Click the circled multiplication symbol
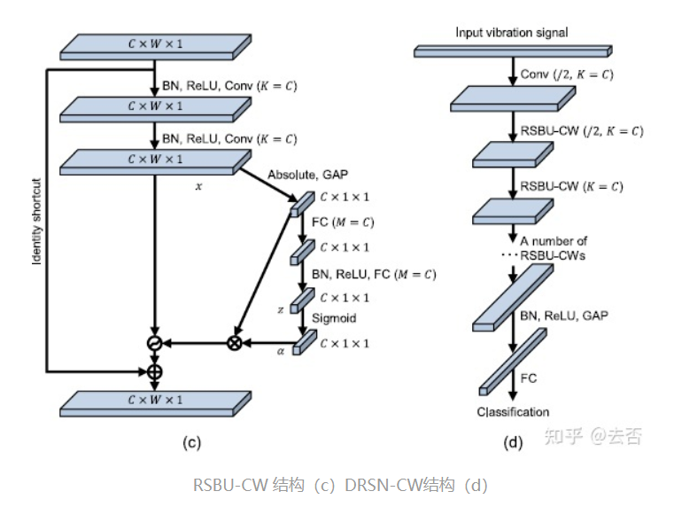[235, 343]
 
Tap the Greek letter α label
[281, 350]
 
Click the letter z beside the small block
[281, 309]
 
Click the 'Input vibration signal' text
[511, 33]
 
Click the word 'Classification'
[513, 411]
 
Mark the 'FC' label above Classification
[528, 378]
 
